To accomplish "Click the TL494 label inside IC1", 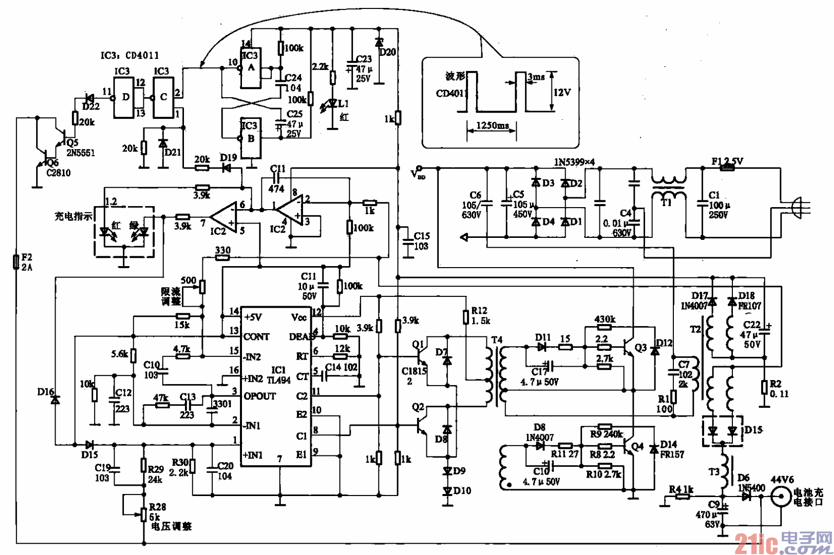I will [279, 380].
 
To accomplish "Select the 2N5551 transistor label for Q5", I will [80, 153].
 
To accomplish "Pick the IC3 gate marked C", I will [163, 97].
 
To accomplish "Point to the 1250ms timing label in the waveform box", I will [492, 125].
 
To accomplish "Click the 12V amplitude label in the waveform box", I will [562, 92].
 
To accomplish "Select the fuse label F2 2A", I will [26, 262].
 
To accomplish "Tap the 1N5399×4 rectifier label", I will [574, 162].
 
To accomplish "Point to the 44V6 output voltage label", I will [782, 480].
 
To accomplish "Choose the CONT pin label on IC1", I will [256, 337].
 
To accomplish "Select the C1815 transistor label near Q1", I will [414, 371].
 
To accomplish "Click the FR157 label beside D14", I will [672, 454].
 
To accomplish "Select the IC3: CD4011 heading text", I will [129, 55].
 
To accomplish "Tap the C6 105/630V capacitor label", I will [472, 205].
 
